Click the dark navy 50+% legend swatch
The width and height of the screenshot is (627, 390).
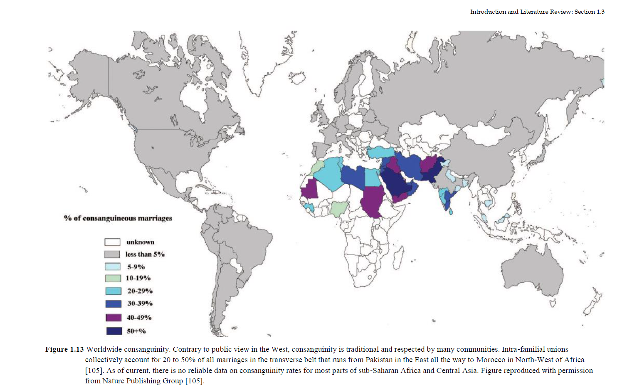point(114,331)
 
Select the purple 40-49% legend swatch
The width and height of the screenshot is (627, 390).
point(114,318)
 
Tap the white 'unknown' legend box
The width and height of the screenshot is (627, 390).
point(112,242)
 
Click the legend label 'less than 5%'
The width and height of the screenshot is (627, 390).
point(145,254)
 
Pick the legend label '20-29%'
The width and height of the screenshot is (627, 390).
point(140,291)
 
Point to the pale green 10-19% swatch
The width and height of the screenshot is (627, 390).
point(113,278)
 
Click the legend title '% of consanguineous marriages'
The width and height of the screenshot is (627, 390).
point(118,218)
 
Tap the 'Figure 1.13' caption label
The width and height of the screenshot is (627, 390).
point(64,349)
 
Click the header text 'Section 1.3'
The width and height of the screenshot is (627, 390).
point(589,12)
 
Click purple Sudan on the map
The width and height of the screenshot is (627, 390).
point(373,200)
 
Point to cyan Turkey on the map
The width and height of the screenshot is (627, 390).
point(380,152)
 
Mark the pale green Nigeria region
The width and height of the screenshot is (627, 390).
point(338,208)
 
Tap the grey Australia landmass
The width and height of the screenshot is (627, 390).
point(532,270)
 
